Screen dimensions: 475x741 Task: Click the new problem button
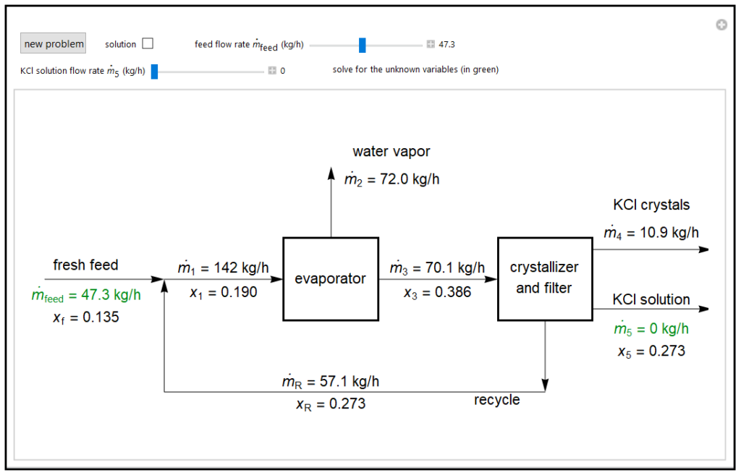pos(54,43)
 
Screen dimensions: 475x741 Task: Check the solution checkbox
pos(148,43)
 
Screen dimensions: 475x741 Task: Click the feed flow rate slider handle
pos(363,45)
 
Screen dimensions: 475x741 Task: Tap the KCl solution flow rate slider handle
pos(154,71)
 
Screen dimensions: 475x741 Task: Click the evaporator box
pos(331,278)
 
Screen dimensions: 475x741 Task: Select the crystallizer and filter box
pos(544,278)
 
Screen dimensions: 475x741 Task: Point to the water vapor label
pos(391,151)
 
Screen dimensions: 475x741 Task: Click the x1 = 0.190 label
pos(223,292)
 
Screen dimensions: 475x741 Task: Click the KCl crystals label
pos(651,205)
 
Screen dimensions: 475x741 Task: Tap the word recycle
pos(496,400)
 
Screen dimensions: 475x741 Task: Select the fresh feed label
pos(85,265)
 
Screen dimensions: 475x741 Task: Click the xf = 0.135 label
pos(85,317)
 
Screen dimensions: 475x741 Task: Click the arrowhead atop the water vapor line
pos(331,172)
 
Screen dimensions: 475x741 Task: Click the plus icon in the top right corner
pos(721,25)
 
